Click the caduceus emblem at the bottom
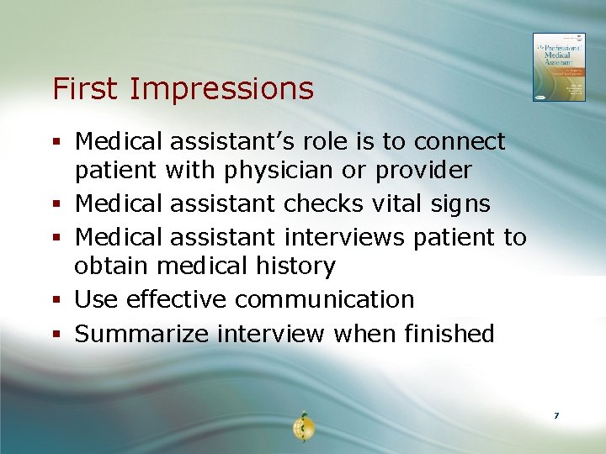pos(303,427)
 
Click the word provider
pos(423,171)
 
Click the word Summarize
pos(142,334)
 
